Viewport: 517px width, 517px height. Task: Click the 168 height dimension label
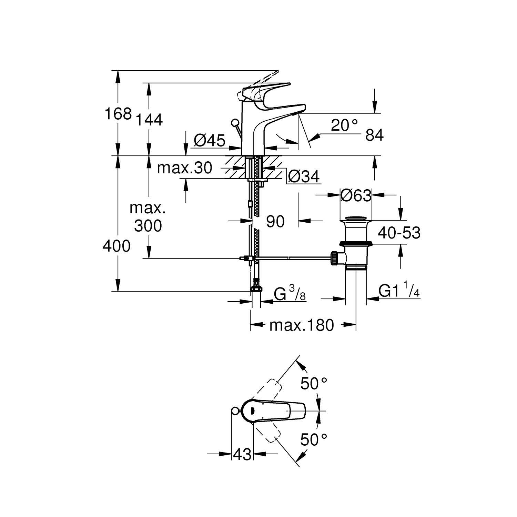118,113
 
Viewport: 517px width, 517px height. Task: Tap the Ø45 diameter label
210,140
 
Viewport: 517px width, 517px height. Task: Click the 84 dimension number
374,135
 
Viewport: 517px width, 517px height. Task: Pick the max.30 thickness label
184,168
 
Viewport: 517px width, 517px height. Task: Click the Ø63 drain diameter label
356,195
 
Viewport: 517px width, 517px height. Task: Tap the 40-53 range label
399,233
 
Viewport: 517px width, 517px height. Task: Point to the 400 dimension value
116,246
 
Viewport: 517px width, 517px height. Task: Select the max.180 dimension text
302,325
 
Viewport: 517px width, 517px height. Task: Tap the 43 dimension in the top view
242,455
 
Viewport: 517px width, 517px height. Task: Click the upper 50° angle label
313,383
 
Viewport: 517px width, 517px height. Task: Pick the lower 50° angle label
313,439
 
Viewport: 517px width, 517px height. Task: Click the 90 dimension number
275,222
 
